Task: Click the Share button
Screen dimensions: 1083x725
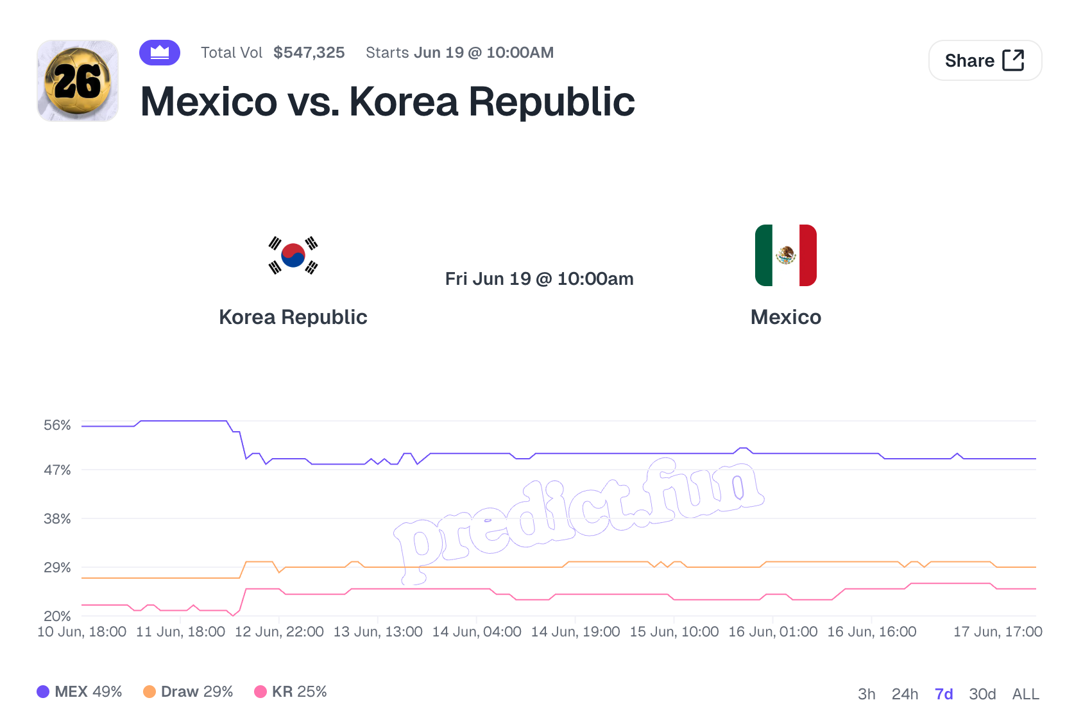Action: click(x=985, y=60)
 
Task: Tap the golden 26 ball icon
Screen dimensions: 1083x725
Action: click(x=78, y=81)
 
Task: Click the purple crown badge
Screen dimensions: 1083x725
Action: click(x=160, y=52)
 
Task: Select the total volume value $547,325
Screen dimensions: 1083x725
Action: click(x=309, y=52)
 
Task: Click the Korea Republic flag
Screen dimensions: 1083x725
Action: click(x=293, y=255)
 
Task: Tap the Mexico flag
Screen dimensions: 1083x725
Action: click(x=786, y=255)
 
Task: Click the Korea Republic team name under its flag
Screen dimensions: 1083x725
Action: click(x=293, y=317)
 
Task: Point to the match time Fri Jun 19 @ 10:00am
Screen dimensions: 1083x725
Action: click(x=539, y=279)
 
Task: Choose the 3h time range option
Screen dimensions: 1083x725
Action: click(x=866, y=694)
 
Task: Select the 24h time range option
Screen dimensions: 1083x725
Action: click(x=905, y=694)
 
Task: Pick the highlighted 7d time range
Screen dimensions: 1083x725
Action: click(x=944, y=694)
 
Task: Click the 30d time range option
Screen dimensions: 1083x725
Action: click(x=982, y=694)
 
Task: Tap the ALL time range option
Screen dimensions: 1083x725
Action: click(x=1025, y=694)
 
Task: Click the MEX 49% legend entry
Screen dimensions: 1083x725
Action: click(x=80, y=692)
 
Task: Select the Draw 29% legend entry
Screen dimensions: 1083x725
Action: click(x=188, y=692)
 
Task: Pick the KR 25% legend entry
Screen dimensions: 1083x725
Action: click(x=291, y=692)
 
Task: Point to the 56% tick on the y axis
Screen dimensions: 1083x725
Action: click(x=57, y=425)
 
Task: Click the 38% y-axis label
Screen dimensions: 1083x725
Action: click(x=57, y=518)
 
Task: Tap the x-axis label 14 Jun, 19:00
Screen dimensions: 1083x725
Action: click(x=576, y=632)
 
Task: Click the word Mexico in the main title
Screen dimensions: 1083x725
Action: click(x=209, y=102)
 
